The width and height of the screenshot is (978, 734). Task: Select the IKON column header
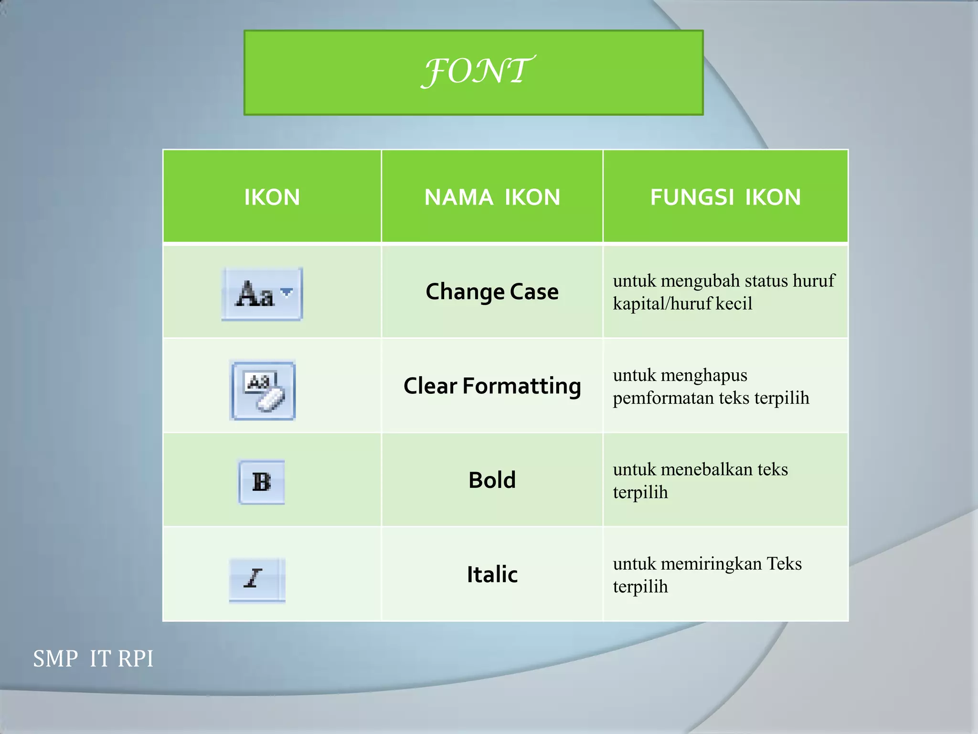tap(272, 197)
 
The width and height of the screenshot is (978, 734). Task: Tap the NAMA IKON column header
tap(492, 197)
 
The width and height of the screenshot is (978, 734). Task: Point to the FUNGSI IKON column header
tap(725, 197)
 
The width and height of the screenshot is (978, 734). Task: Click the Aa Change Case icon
tap(256, 294)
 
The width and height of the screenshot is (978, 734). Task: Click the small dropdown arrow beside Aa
tap(287, 291)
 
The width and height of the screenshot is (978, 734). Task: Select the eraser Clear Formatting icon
tap(263, 391)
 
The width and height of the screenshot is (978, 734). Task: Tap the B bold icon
tap(262, 482)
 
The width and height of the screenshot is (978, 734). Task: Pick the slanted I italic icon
tap(253, 579)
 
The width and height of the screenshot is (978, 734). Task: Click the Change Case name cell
tap(492, 291)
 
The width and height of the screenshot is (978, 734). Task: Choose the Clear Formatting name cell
tap(492, 386)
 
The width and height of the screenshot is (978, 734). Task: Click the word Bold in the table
tap(492, 480)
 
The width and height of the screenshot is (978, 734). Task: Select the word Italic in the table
tap(492, 574)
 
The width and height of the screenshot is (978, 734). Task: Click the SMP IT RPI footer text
tap(93, 658)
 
